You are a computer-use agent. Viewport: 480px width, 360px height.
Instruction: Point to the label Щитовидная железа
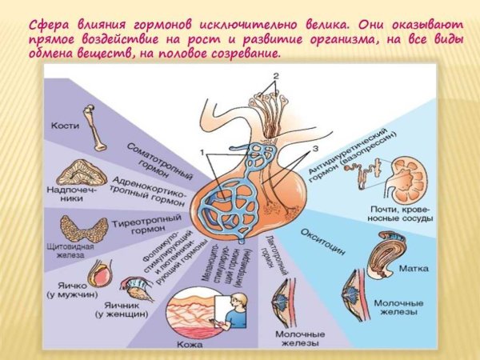pos(74,252)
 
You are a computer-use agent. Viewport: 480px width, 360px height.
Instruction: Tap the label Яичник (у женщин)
pos(121,310)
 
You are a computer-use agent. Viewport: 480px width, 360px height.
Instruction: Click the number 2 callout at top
pos(275,77)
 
